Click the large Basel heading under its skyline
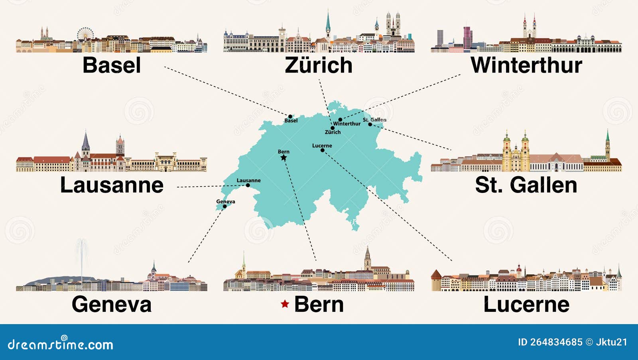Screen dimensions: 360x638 (x=112, y=65)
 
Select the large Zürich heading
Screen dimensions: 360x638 (x=319, y=65)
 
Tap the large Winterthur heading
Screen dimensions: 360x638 (x=526, y=65)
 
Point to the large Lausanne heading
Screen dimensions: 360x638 (x=112, y=185)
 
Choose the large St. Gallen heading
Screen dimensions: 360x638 (x=526, y=185)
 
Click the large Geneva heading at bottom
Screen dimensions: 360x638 (x=112, y=304)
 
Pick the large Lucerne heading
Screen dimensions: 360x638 (x=526, y=304)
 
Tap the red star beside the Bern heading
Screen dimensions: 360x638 (x=285, y=304)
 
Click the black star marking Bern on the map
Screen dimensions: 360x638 (x=284, y=158)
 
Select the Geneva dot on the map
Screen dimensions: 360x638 (x=224, y=207)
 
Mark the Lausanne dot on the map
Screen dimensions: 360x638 (x=248, y=185)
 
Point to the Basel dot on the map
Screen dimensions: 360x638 (x=290, y=116)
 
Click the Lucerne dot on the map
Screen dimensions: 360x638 (x=322, y=150)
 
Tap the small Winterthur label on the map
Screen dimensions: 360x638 (x=347, y=124)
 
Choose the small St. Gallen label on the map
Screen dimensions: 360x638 (x=374, y=120)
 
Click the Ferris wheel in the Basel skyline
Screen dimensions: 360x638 (x=85, y=34)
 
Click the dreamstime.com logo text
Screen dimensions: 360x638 (x=61, y=344)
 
